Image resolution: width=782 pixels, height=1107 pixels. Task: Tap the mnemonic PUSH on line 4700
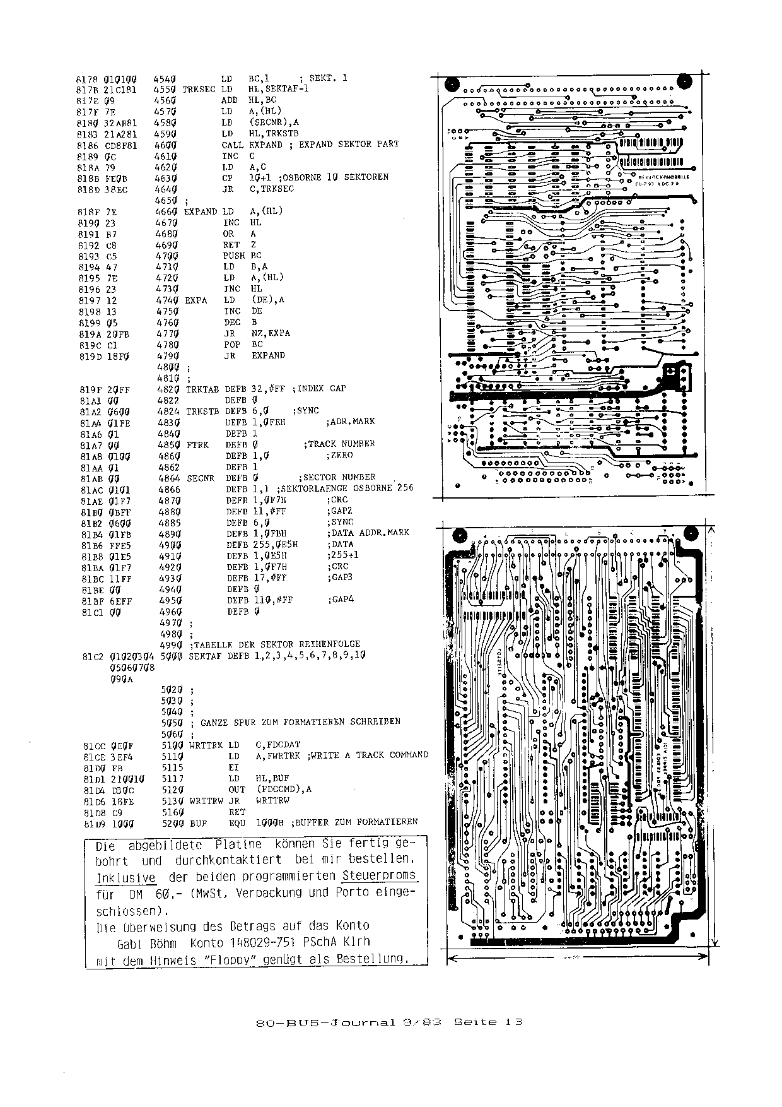point(233,256)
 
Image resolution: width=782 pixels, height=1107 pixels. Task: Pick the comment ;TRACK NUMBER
point(341,444)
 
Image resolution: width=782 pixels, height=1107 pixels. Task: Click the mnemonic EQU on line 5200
point(236,823)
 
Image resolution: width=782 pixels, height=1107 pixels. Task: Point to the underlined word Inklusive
point(125,878)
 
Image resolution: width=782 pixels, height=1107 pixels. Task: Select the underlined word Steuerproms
point(379,876)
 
